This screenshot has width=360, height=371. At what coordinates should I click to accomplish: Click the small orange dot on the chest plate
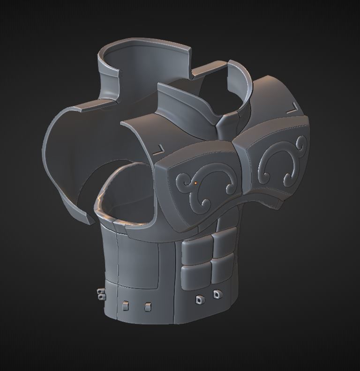click(196, 183)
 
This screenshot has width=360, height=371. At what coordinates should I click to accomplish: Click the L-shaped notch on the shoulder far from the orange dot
click(293, 108)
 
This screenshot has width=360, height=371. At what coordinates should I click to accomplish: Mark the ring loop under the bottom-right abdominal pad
click(217, 295)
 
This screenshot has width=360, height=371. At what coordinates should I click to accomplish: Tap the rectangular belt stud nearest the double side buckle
click(125, 306)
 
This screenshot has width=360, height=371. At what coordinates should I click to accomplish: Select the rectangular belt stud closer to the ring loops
click(148, 307)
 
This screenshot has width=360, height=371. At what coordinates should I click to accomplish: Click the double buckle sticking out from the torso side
click(100, 295)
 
